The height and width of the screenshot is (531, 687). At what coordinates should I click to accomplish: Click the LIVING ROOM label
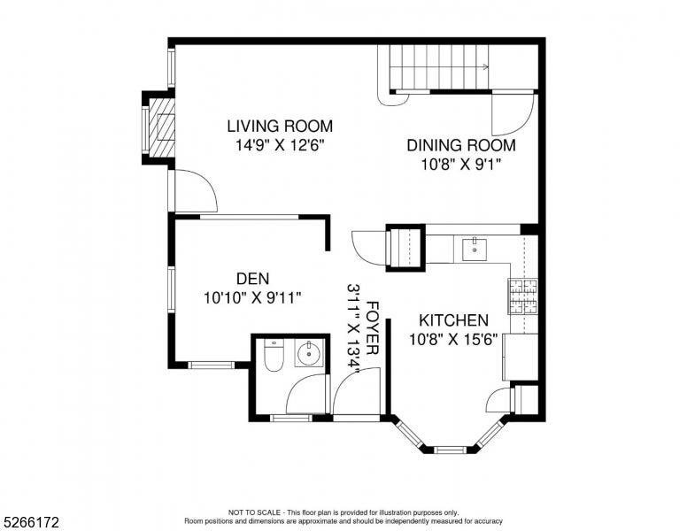pos(280,127)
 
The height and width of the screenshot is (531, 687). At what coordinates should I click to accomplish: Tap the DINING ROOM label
pos(461,145)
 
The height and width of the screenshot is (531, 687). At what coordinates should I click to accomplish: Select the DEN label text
pos(253,279)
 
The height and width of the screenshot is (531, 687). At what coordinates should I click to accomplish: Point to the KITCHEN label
pos(453,320)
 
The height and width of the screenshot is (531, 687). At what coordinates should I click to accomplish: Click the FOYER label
pos(372,327)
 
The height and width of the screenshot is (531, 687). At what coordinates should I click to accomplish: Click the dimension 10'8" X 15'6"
pos(453,339)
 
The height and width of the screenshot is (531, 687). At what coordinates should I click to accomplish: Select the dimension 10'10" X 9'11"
pos(253,298)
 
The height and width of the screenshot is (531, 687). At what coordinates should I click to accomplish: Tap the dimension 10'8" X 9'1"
pos(461,165)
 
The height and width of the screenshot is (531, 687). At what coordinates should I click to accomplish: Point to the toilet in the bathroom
pos(274,355)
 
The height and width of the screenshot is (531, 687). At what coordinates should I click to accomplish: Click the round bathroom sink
pos(310,354)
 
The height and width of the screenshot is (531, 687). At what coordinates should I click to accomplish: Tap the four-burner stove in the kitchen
pos(523,296)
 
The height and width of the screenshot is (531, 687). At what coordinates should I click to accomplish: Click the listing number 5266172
pos(31,522)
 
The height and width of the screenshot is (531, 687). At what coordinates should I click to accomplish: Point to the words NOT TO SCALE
pos(254,512)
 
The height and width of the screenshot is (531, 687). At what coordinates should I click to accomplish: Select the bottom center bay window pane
pos(451,449)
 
